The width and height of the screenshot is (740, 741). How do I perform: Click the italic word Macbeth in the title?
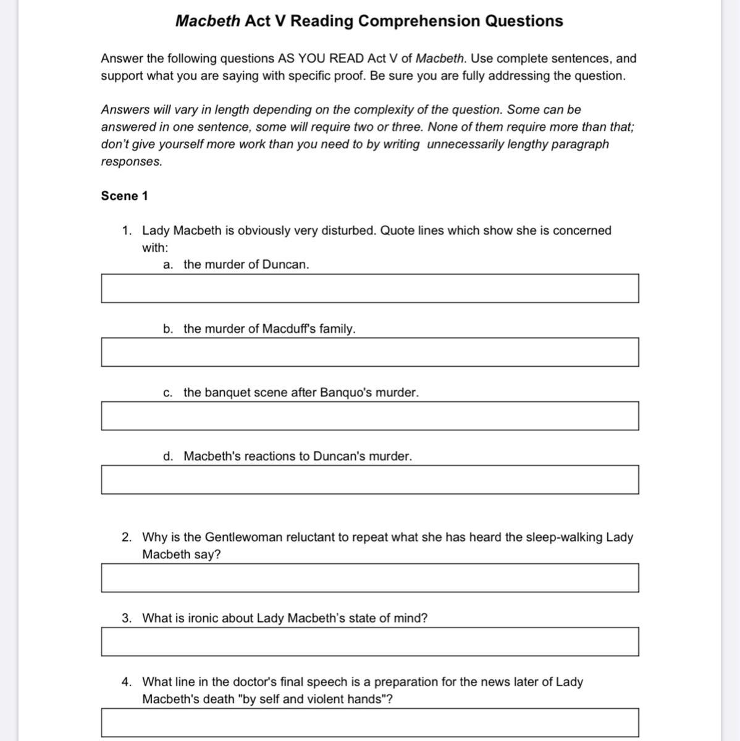pyautogui.click(x=208, y=21)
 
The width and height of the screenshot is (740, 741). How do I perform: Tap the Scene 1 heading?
pyautogui.click(x=124, y=196)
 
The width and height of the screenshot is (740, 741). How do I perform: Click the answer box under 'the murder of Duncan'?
pyautogui.click(x=370, y=288)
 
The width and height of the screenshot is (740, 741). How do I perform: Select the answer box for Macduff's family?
pyautogui.click(x=370, y=352)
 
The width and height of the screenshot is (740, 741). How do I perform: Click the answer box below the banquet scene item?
pyautogui.click(x=370, y=416)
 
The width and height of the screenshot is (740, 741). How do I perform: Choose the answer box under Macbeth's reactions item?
pyautogui.click(x=370, y=480)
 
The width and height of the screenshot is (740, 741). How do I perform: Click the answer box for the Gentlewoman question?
pyautogui.click(x=370, y=578)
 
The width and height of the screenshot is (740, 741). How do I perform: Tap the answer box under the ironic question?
pyautogui.click(x=370, y=642)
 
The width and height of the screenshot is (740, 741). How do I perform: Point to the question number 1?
pyautogui.click(x=127, y=230)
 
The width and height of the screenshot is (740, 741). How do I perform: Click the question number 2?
pyautogui.click(x=127, y=537)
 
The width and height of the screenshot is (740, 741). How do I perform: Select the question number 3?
pyautogui.click(x=127, y=618)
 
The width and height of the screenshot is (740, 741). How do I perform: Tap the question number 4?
pyautogui.click(x=127, y=682)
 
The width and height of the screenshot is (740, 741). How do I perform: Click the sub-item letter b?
pyautogui.click(x=167, y=329)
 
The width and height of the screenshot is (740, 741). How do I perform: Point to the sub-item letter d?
pyautogui.click(x=167, y=456)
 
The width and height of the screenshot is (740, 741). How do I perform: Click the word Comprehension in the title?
pyautogui.click(x=419, y=21)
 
